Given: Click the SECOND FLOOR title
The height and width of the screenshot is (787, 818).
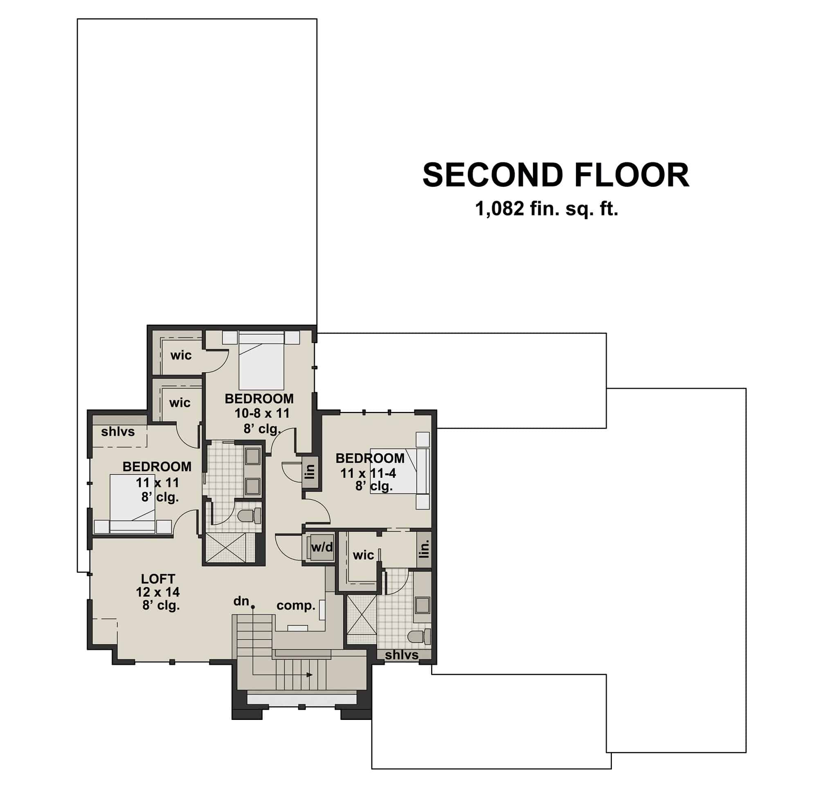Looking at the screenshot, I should [555, 175].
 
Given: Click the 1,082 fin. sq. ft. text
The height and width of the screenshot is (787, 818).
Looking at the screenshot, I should [546, 209].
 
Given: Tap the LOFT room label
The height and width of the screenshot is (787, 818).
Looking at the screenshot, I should [158, 579].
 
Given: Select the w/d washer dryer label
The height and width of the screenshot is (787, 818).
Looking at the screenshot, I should [322, 547].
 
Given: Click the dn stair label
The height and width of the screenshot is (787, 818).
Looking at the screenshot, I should [241, 601].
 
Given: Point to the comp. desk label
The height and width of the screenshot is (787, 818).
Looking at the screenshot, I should [295, 605].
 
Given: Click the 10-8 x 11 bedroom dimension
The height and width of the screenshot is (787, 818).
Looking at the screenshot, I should [262, 413].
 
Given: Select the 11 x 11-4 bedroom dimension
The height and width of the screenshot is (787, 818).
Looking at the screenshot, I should [368, 473].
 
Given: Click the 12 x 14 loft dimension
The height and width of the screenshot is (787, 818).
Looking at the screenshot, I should [158, 592].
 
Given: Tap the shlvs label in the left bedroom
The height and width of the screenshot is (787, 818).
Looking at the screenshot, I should [118, 432].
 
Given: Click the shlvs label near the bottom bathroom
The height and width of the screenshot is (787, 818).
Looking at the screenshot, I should [402, 655].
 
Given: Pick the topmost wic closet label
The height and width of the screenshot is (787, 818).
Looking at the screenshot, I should [181, 355].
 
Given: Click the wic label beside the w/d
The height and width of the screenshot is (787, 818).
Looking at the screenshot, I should [363, 555].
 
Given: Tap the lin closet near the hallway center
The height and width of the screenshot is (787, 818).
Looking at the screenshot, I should [310, 472].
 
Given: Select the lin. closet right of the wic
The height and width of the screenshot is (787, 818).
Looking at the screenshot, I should [424, 549].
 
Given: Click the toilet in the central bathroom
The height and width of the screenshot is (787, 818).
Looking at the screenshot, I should [249, 516].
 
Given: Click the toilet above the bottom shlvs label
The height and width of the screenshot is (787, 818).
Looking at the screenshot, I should [418, 637].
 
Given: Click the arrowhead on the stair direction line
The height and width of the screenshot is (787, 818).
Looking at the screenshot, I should [310, 675].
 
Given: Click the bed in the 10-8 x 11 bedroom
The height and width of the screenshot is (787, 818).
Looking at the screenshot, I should [261, 361].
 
